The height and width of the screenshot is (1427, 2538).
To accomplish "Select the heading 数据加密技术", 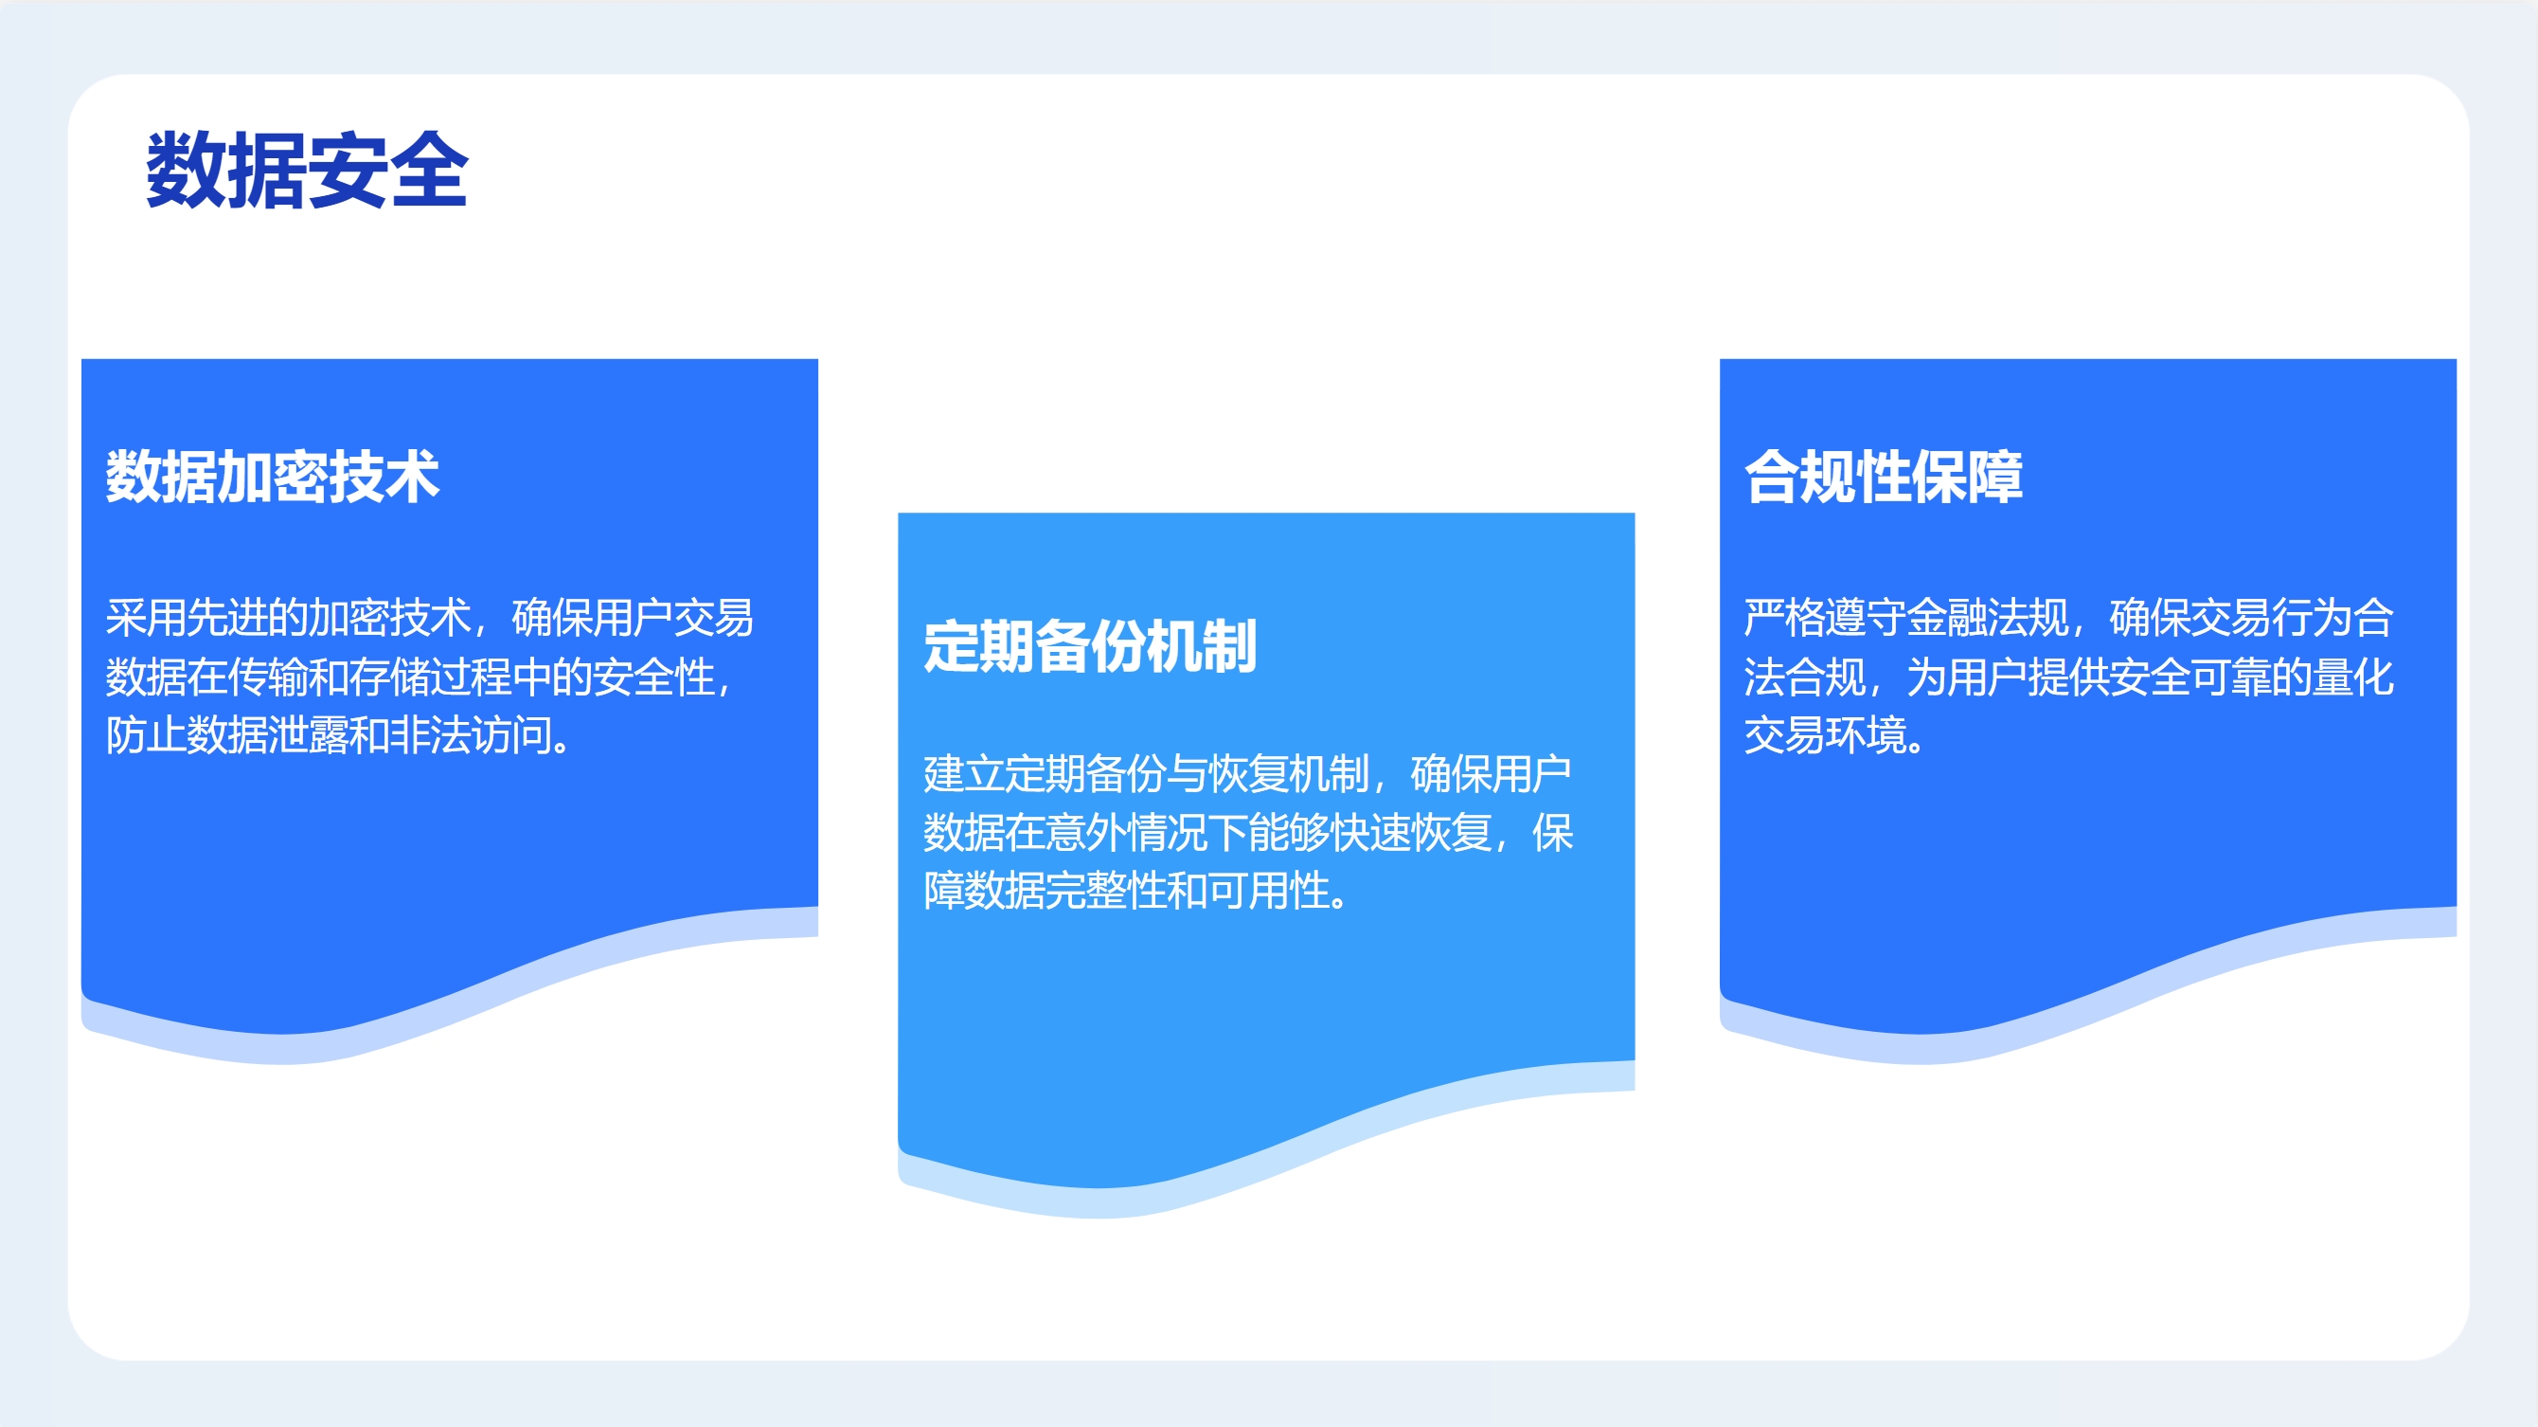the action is point(272,477).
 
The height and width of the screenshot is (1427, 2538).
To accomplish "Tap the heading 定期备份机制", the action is point(1090,646).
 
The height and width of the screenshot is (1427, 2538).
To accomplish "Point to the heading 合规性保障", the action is point(1883,477).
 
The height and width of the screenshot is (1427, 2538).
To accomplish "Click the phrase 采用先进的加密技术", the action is point(288,618).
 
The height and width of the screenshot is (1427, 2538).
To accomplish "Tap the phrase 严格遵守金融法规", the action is point(1905,618).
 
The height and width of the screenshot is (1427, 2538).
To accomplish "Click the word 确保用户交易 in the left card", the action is point(633,618).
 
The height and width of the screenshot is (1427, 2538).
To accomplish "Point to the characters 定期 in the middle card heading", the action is point(978,646).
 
